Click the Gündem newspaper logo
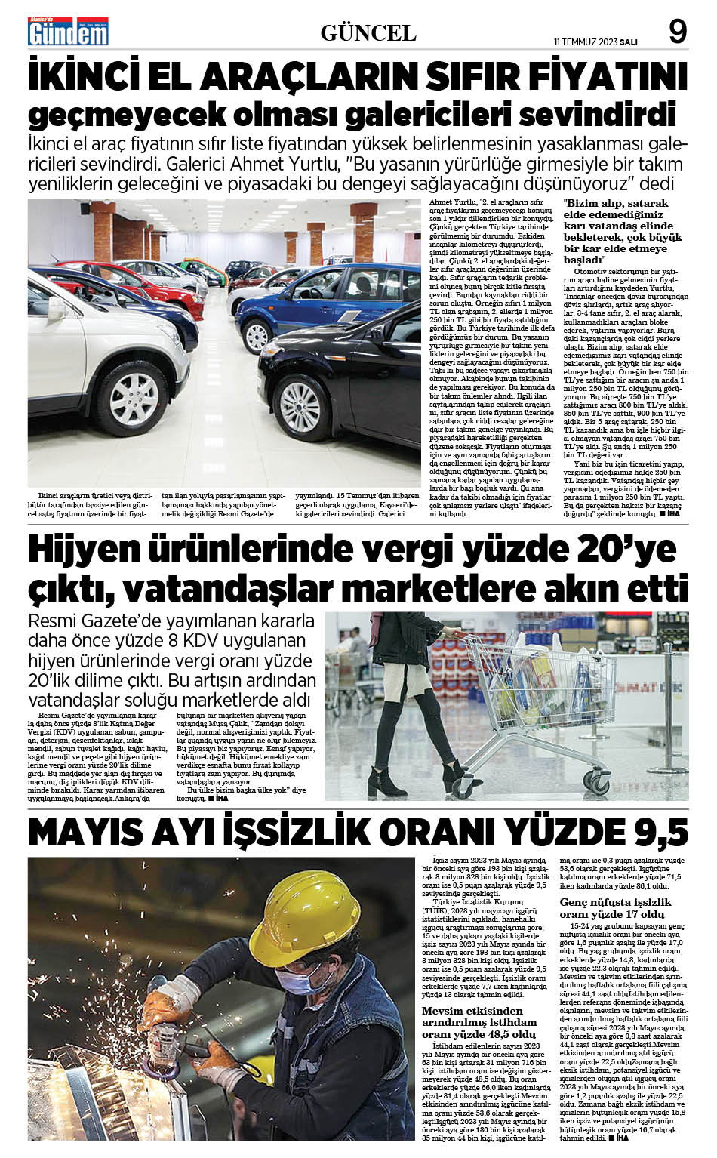click(x=68, y=31)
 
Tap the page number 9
click(x=677, y=32)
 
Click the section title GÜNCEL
click(x=368, y=33)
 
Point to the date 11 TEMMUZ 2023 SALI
click(x=595, y=42)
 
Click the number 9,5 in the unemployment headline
click(x=656, y=832)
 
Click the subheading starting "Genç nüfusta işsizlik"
click(x=614, y=908)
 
